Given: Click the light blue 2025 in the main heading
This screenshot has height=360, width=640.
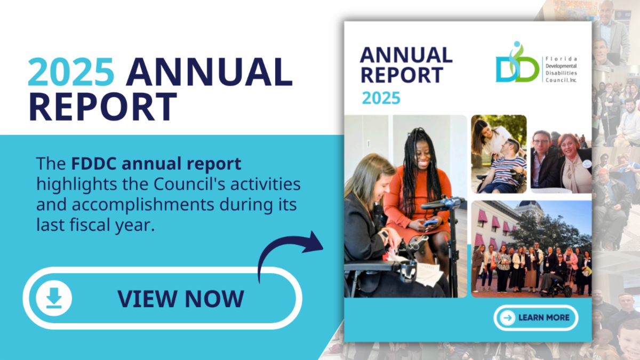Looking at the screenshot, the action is tap(71, 71).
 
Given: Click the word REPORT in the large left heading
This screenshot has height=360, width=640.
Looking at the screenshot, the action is tap(103, 107).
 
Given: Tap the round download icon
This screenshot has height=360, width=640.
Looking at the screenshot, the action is tap(54, 298).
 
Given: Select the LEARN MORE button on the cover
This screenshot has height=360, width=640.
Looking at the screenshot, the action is tap(535, 318).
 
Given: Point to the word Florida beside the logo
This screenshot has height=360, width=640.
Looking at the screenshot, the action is tap(561, 59).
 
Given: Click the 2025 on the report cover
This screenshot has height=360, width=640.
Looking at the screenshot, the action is tap(381, 98).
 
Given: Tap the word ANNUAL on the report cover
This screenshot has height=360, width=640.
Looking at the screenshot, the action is tap(406, 55).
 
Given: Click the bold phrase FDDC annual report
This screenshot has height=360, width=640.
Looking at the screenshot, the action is tap(156, 164).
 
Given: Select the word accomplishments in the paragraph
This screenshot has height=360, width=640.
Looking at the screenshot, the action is tap(143, 205).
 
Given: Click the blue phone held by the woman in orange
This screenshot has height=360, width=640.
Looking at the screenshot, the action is tap(430, 222).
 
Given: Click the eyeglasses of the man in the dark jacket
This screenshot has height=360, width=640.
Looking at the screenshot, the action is tap(541, 142).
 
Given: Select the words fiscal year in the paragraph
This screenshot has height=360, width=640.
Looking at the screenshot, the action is tap(113, 225).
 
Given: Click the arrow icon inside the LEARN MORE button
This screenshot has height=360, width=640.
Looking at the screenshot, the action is tap(507, 318).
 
